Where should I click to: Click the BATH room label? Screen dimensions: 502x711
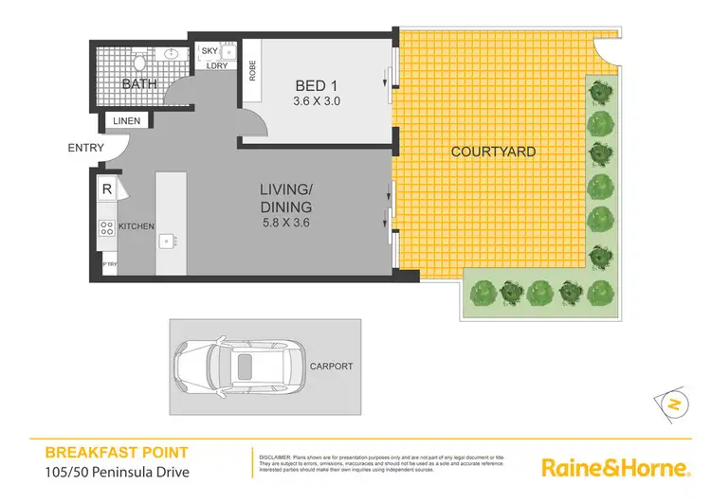(x=138, y=84)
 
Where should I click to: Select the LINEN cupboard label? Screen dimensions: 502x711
(x=126, y=121)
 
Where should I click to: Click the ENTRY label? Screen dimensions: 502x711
(x=86, y=148)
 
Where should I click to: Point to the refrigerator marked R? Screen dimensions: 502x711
(x=106, y=189)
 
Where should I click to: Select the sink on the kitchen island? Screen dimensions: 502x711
(x=167, y=240)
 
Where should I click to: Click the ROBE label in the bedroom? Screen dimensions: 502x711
(x=253, y=72)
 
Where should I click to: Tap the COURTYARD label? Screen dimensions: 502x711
(x=493, y=152)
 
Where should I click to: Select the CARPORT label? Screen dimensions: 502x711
(x=331, y=366)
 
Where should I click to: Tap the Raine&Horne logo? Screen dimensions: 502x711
(x=613, y=467)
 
